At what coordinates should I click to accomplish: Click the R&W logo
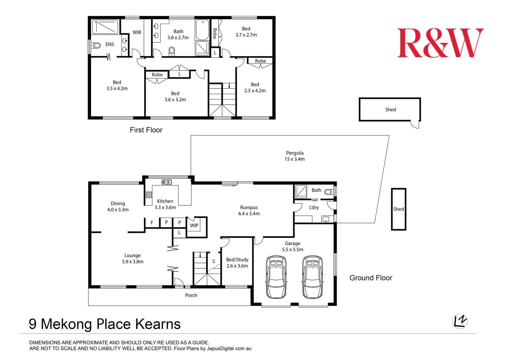440,43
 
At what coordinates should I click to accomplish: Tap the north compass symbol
460,321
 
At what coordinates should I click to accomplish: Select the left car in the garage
276,277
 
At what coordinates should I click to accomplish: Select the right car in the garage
312,277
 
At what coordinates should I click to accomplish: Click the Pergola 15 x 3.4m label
294,156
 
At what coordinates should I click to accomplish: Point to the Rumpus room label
249,210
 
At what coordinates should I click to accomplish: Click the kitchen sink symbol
167,182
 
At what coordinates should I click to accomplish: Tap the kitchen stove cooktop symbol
149,195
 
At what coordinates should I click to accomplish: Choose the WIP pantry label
194,226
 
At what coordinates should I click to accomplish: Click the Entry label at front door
179,286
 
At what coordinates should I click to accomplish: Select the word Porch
191,295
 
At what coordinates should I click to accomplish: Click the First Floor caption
146,130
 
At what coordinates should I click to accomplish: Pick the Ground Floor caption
371,278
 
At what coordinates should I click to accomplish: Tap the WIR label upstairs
137,33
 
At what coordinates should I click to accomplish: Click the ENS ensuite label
110,44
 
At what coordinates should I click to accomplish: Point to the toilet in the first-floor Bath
172,51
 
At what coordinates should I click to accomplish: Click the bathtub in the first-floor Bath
202,30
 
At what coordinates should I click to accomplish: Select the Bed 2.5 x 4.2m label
255,88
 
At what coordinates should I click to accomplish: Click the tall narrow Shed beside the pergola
398,209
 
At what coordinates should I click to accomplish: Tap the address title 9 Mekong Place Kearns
105,324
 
